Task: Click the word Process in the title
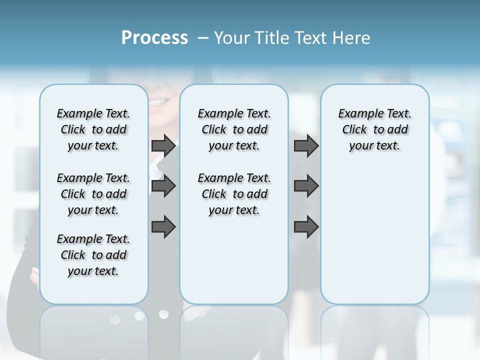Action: click(x=154, y=38)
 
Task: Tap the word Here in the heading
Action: click(x=352, y=38)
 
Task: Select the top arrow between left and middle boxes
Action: click(x=163, y=146)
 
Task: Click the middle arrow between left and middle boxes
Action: click(x=163, y=186)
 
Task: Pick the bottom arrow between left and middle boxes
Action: click(x=163, y=227)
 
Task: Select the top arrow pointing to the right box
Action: click(x=306, y=146)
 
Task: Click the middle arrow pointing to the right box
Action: click(x=306, y=186)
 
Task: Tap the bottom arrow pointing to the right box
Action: click(x=306, y=227)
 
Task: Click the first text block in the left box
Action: click(x=93, y=129)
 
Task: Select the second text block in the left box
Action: click(x=93, y=194)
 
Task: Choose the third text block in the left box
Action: click(x=93, y=255)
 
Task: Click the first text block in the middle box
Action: click(x=234, y=129)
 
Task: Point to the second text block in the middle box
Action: click(x=234, y=194)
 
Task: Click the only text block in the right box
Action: click(x=374, y=129)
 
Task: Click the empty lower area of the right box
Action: click(x=374, y=235)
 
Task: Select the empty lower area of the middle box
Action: click(x=234, y=260)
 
